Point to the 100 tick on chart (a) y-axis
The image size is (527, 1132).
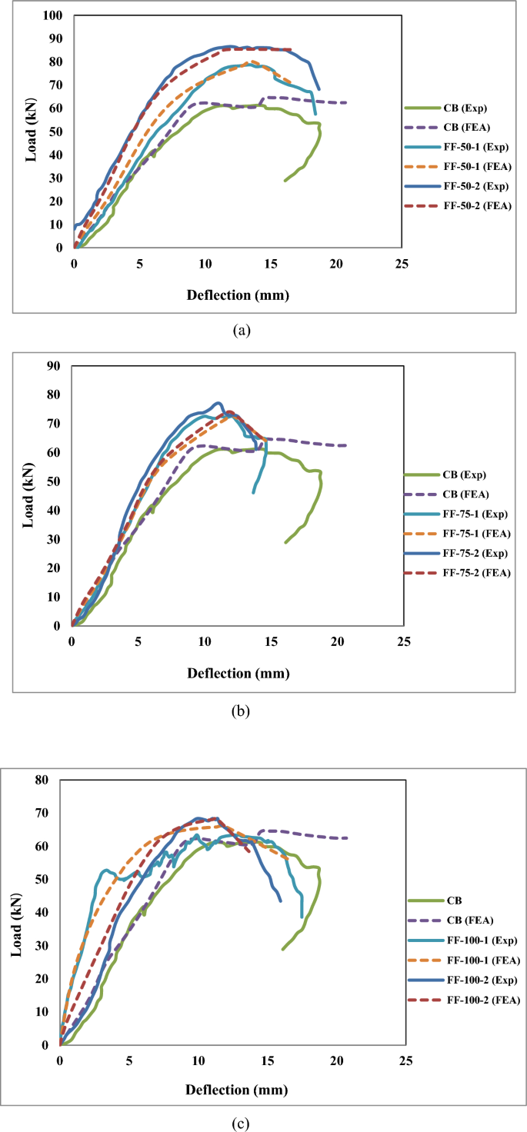53,15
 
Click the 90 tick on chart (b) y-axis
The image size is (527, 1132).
54,365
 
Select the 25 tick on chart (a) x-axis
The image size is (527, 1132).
401,263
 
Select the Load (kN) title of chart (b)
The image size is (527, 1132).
28,496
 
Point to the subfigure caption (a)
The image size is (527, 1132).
241,331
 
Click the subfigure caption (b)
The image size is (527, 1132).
241,711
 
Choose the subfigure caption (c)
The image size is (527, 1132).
241,1124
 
